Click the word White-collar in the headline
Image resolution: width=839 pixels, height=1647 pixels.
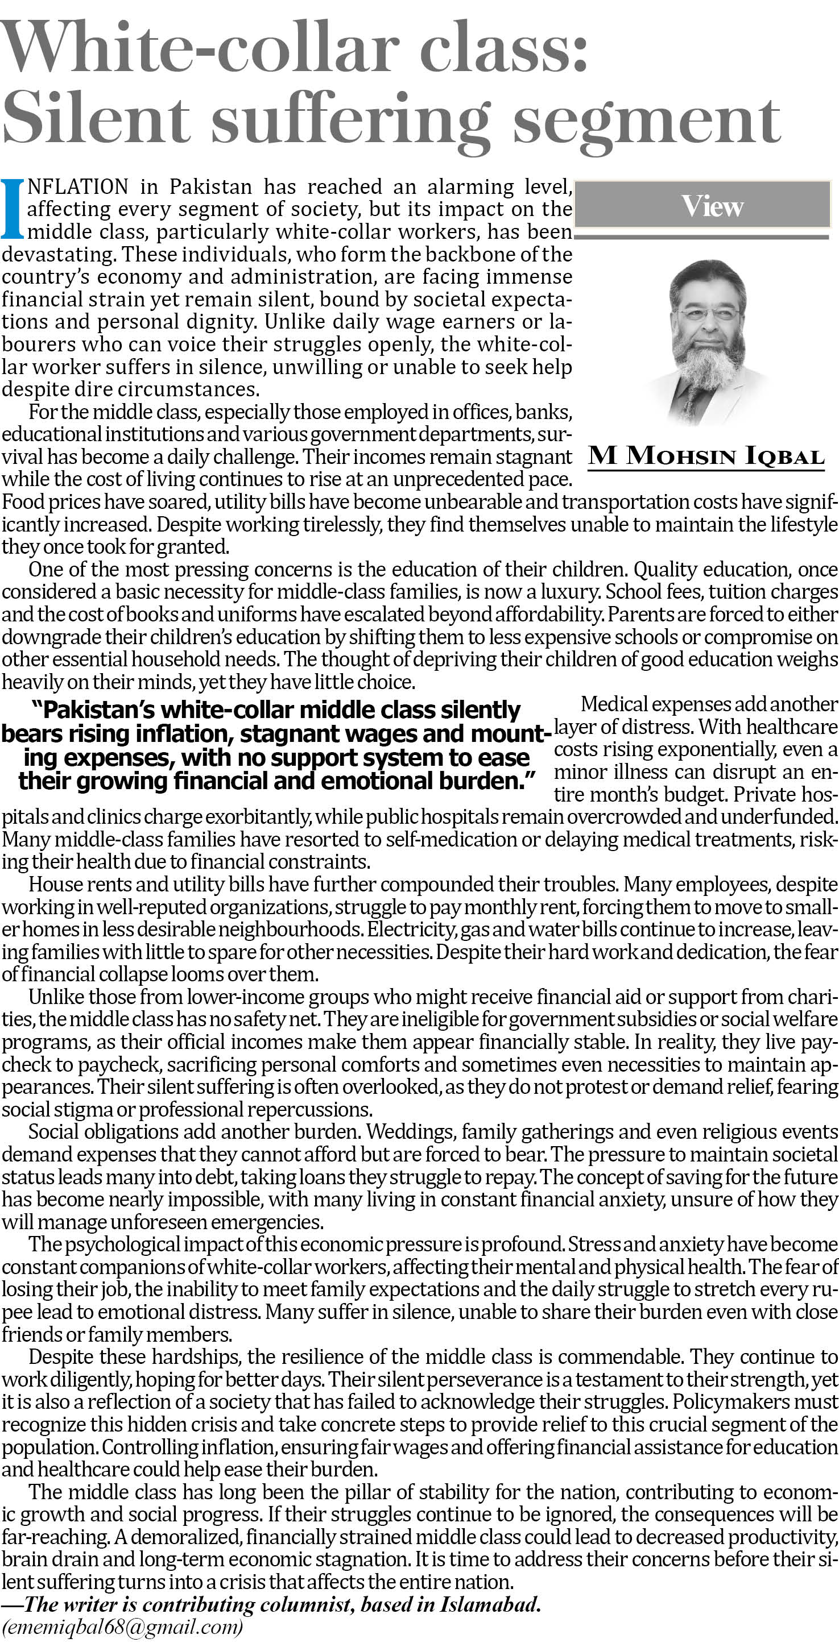(199, 48)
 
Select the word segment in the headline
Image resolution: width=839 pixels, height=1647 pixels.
(646, 122)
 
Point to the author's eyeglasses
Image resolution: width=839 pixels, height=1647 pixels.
(708, 314)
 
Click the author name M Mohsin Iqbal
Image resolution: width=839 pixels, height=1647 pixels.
(706, 457)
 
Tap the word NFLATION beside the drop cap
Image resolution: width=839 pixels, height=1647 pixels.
(78, 186)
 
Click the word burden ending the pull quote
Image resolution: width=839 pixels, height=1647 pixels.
(486, 781)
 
